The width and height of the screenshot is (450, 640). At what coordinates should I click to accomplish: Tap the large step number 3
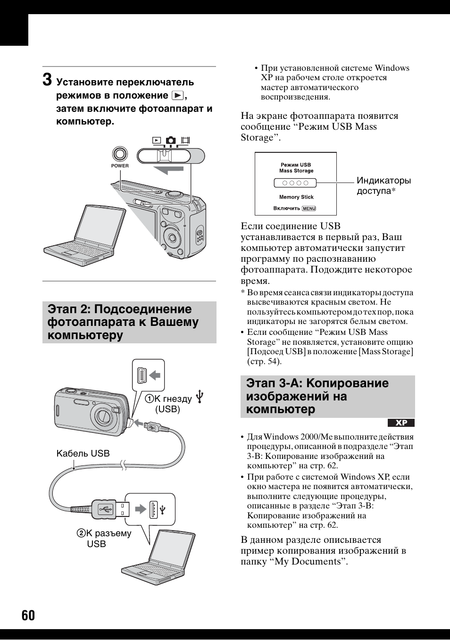48,79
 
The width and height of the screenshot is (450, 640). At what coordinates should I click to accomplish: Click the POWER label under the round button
120,166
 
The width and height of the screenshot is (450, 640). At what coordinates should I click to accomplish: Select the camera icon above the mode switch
171,140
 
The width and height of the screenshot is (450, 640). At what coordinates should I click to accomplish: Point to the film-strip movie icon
185,140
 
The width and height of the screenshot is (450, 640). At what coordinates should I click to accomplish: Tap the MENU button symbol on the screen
309,208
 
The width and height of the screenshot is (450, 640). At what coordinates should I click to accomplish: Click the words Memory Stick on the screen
296,197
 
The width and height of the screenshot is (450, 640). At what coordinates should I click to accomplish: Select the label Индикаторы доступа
383,185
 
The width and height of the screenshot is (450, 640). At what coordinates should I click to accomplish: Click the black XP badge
401,423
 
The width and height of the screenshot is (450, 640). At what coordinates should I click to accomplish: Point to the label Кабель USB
83,453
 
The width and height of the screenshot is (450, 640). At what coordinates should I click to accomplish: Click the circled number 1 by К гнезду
150,399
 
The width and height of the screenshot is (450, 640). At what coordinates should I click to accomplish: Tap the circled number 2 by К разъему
82,533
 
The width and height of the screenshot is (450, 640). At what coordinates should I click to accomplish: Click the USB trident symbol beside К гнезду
200,397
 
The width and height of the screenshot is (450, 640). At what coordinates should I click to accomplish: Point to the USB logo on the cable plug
105,509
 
